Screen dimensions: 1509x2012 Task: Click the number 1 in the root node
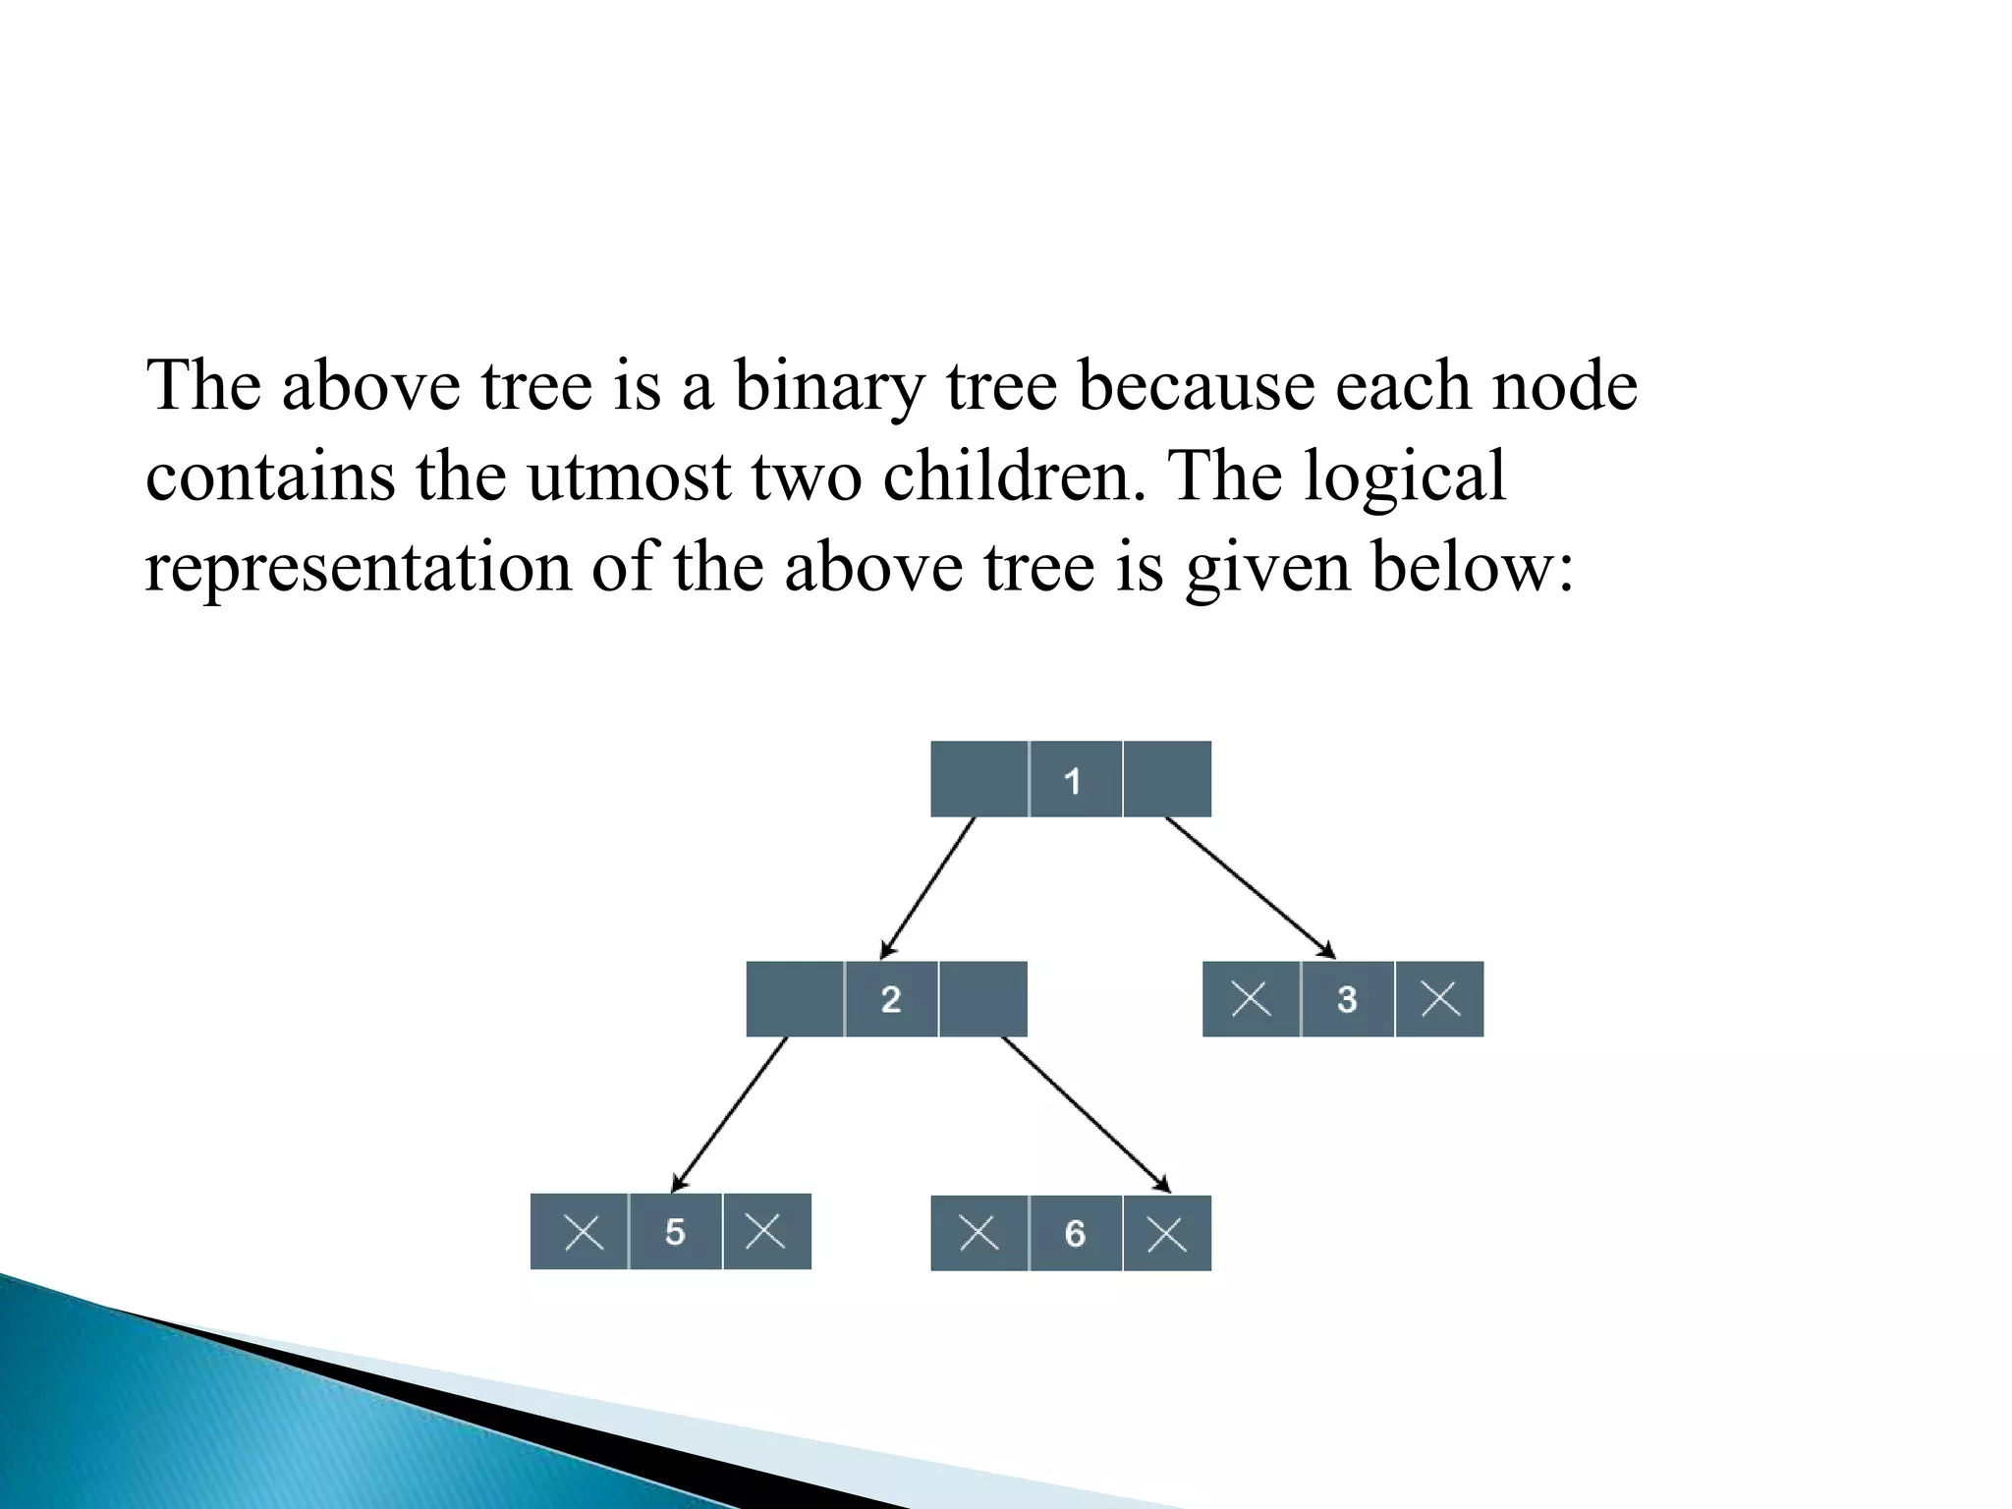point(1072,781)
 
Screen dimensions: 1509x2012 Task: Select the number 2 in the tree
point(890,999)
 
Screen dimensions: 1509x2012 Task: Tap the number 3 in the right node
point(1346,999)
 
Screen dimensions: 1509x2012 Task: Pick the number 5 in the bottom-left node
point(674,1231)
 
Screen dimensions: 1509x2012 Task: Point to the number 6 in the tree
point(1075,1233)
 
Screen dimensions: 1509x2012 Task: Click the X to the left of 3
point(1251,999)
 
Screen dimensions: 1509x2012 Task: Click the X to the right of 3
point(1439,999)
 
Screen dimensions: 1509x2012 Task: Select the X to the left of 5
point(584,1231)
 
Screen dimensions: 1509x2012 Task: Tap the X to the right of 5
point(764,1230)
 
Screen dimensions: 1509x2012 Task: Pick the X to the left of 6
point(978,1232)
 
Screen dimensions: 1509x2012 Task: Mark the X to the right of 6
point(1166,1234)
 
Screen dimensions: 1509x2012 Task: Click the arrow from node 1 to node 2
point(927,888)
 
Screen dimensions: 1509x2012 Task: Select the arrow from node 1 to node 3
point(1250,887)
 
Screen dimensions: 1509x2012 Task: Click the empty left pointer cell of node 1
point(978,779)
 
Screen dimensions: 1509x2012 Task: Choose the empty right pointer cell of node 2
point(982,999)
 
